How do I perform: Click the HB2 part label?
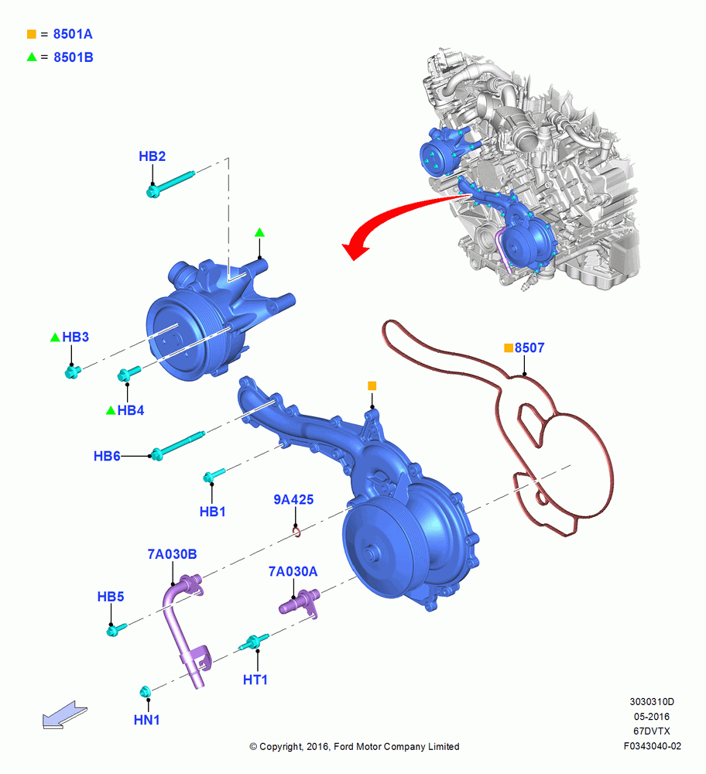point(152,156)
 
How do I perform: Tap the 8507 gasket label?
point(529,348)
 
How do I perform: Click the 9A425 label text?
point(293,499)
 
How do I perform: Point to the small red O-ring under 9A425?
point(296,533)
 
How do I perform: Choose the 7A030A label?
point(293,571)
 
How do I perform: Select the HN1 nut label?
point(146,720)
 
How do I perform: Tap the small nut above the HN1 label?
point(145,691)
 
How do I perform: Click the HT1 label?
point(255,680)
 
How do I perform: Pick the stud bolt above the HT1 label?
point(254,642)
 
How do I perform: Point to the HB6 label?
point(107,456)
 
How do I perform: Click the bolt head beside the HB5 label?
point(112,630)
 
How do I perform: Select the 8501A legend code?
point(73,34)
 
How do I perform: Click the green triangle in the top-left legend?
point(32,57)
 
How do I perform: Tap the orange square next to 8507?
point(509,348)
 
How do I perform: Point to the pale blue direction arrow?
point(64,714)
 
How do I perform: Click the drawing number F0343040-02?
point(652,746)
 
